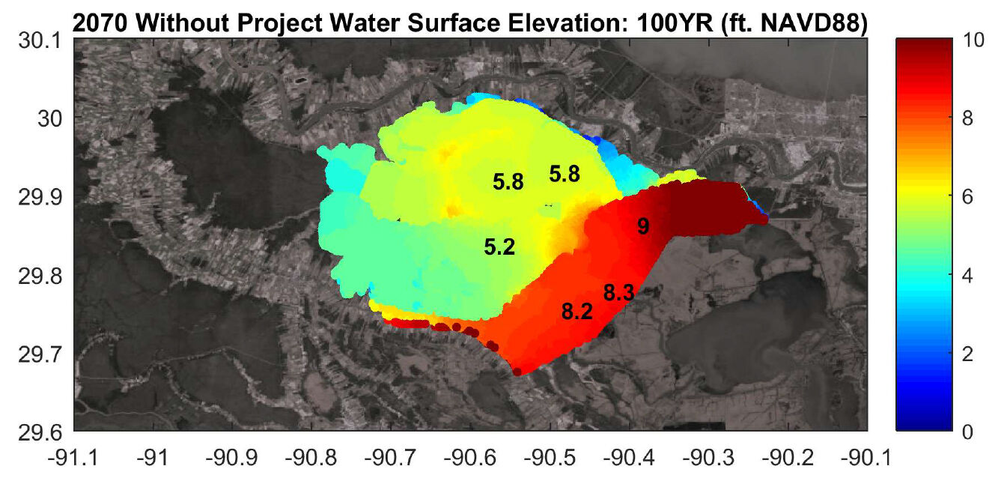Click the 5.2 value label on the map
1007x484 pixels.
(499, 247)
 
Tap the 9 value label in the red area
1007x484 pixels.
(642, 226)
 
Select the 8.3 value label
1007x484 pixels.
(618, 294)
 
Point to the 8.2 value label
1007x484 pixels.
(576, 312)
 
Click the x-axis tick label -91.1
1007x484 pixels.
(74, 456)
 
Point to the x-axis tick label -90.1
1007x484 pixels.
(867, 456)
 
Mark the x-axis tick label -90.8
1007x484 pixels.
(312, 456)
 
